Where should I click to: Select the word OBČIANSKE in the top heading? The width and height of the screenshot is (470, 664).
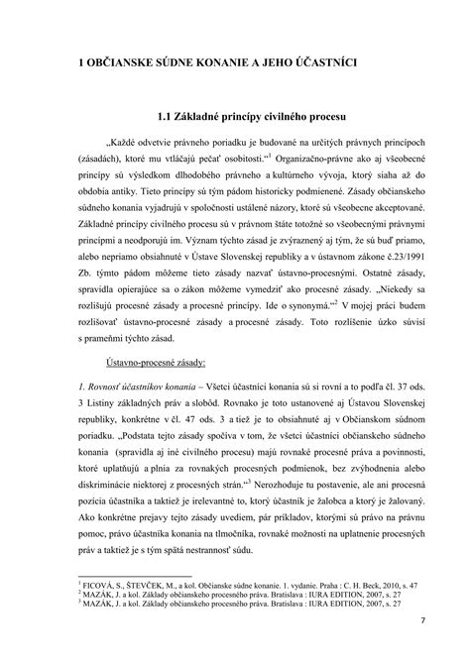click(x=125, y=61)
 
